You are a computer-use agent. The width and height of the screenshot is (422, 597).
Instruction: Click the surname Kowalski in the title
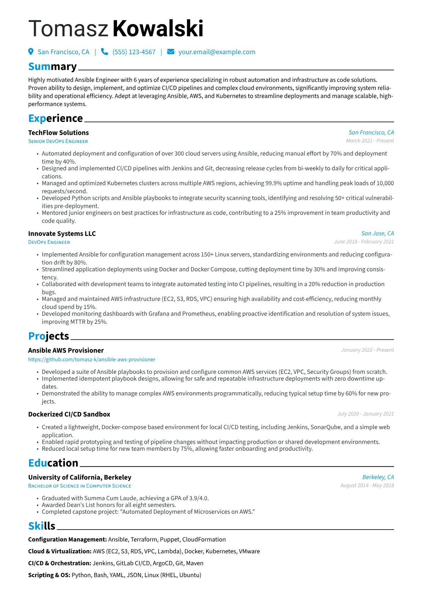(158, 28)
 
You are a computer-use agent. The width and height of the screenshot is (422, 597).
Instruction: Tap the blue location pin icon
(31, 52)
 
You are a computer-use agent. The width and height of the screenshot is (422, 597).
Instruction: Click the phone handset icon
(104, 52)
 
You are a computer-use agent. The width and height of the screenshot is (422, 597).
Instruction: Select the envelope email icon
(171, 52)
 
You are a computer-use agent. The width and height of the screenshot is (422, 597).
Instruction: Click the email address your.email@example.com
(217, 52)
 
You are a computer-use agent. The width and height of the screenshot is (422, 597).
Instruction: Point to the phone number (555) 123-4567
(134, 52)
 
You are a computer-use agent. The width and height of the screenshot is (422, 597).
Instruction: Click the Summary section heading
(52, 66)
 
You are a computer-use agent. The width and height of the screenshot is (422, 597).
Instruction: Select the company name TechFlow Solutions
(59, 133)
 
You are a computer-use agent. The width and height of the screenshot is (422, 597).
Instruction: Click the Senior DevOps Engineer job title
(58, 141)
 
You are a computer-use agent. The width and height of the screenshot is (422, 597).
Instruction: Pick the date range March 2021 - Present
(370, 141)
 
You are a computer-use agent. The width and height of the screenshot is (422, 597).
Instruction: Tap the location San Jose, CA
(377, 233)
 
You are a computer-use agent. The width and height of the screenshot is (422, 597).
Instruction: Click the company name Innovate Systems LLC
(62, 234)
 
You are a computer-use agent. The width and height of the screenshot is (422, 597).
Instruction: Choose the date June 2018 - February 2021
(364, 242)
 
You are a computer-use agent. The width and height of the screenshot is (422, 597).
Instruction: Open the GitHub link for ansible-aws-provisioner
(92, 359)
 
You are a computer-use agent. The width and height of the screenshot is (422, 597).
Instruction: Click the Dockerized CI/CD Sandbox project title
(69, 414)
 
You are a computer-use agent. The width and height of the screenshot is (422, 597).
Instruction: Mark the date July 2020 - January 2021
(366, 414)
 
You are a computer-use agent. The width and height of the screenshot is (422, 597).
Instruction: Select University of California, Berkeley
(80, 477)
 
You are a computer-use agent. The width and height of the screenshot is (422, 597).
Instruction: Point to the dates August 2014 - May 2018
(367, 485)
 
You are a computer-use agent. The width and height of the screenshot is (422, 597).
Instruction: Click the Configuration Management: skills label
(67, 540)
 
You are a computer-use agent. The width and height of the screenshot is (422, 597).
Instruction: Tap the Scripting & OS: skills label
(49, 575)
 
